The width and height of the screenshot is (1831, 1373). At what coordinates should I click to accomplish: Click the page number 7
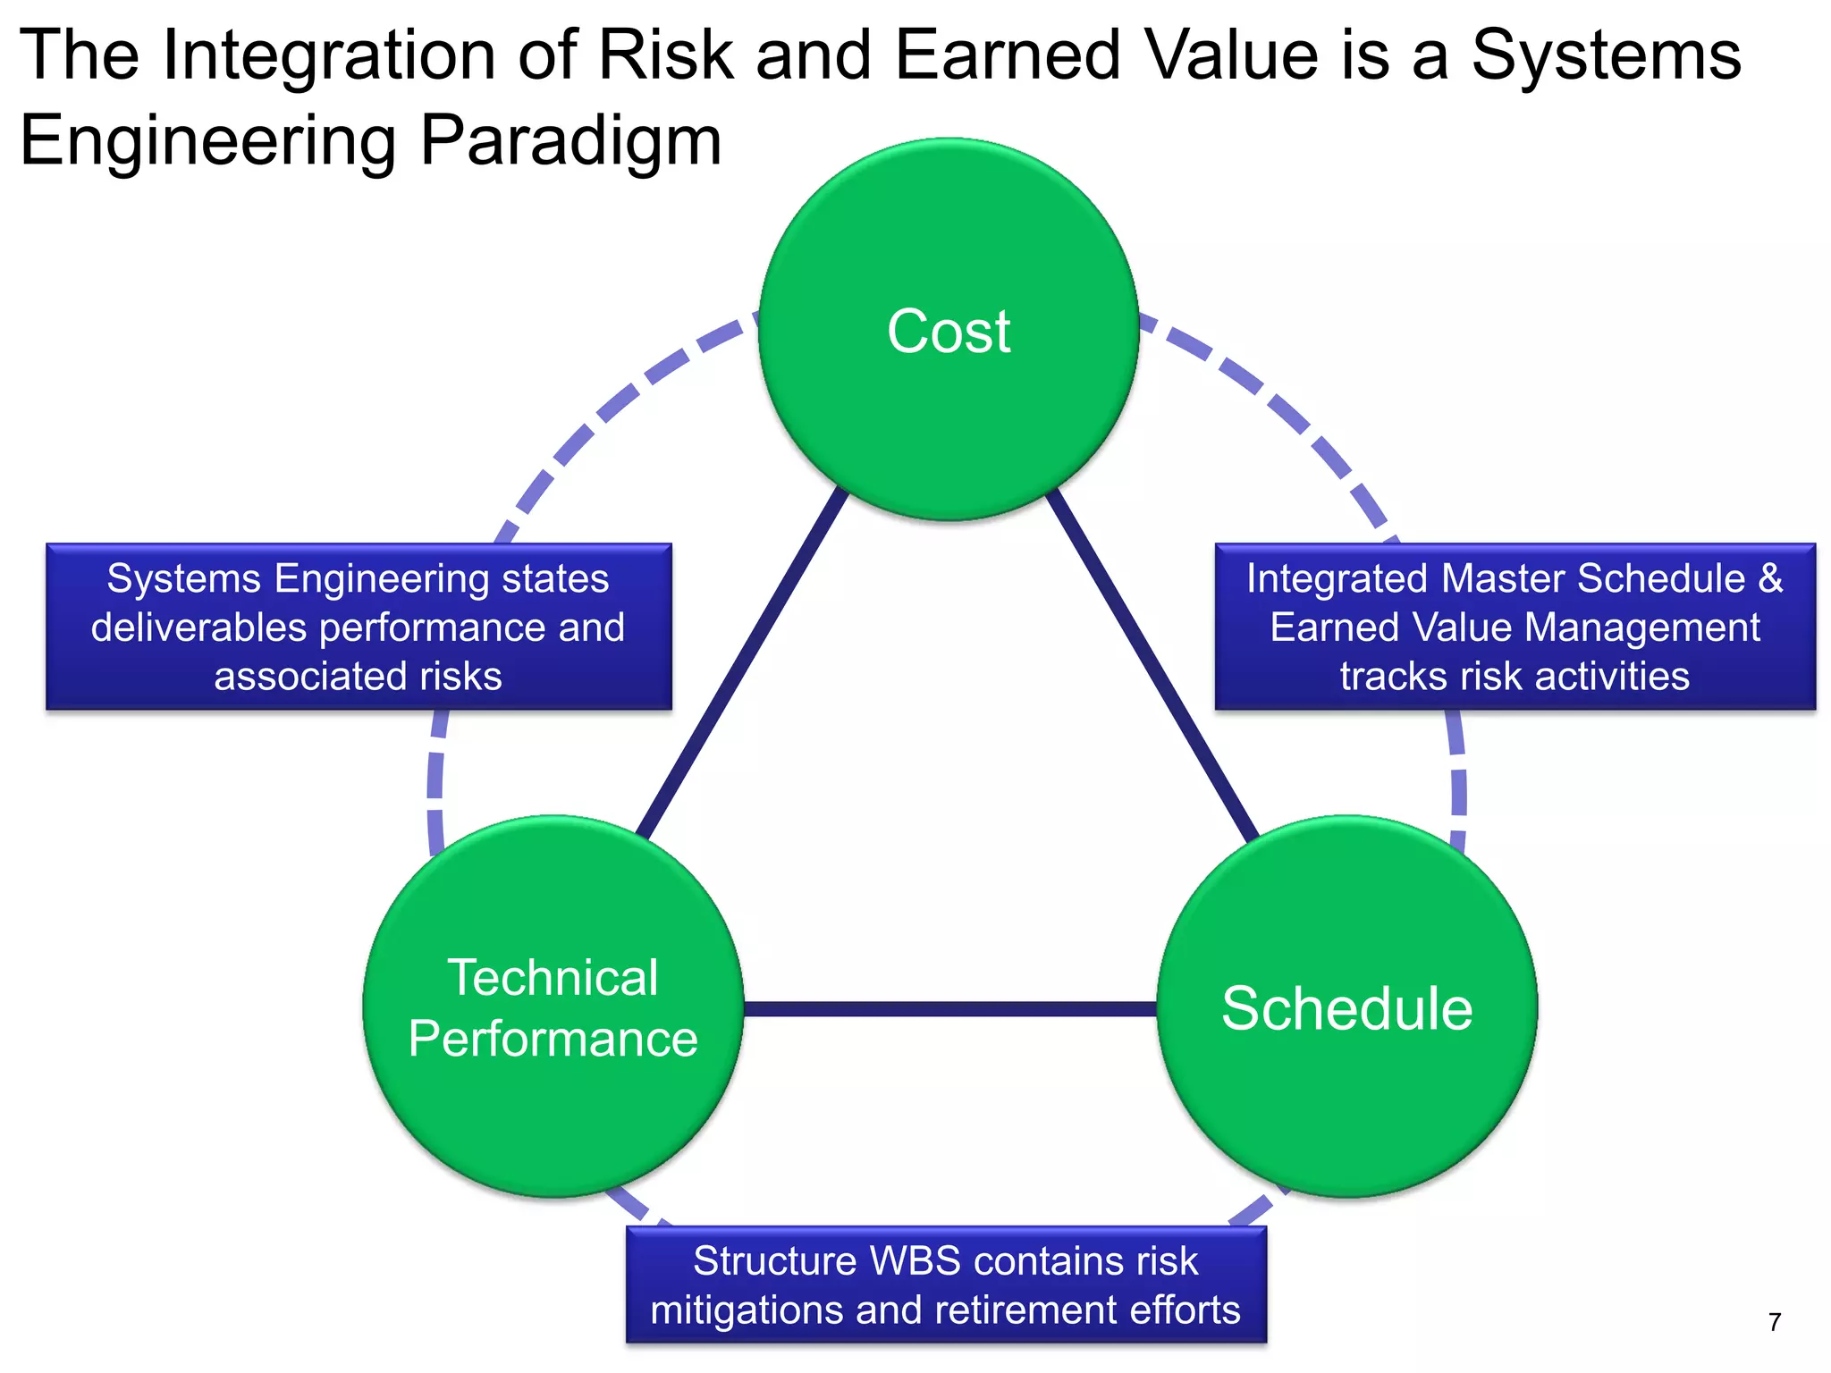(x=1775, y=1322)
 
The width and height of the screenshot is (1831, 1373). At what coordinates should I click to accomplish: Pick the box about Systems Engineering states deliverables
(x=359, y=627)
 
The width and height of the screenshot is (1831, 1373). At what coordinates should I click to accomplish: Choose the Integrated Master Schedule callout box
(x=1515, y=627)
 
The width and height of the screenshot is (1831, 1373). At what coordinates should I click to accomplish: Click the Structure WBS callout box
(x=946, y=1285)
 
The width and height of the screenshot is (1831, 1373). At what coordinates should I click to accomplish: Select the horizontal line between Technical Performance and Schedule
(x=949, y=1009)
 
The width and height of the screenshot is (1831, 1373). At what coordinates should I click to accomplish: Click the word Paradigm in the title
(x=570, y=141)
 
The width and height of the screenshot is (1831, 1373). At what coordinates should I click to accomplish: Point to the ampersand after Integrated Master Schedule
(x=1771, y=578)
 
